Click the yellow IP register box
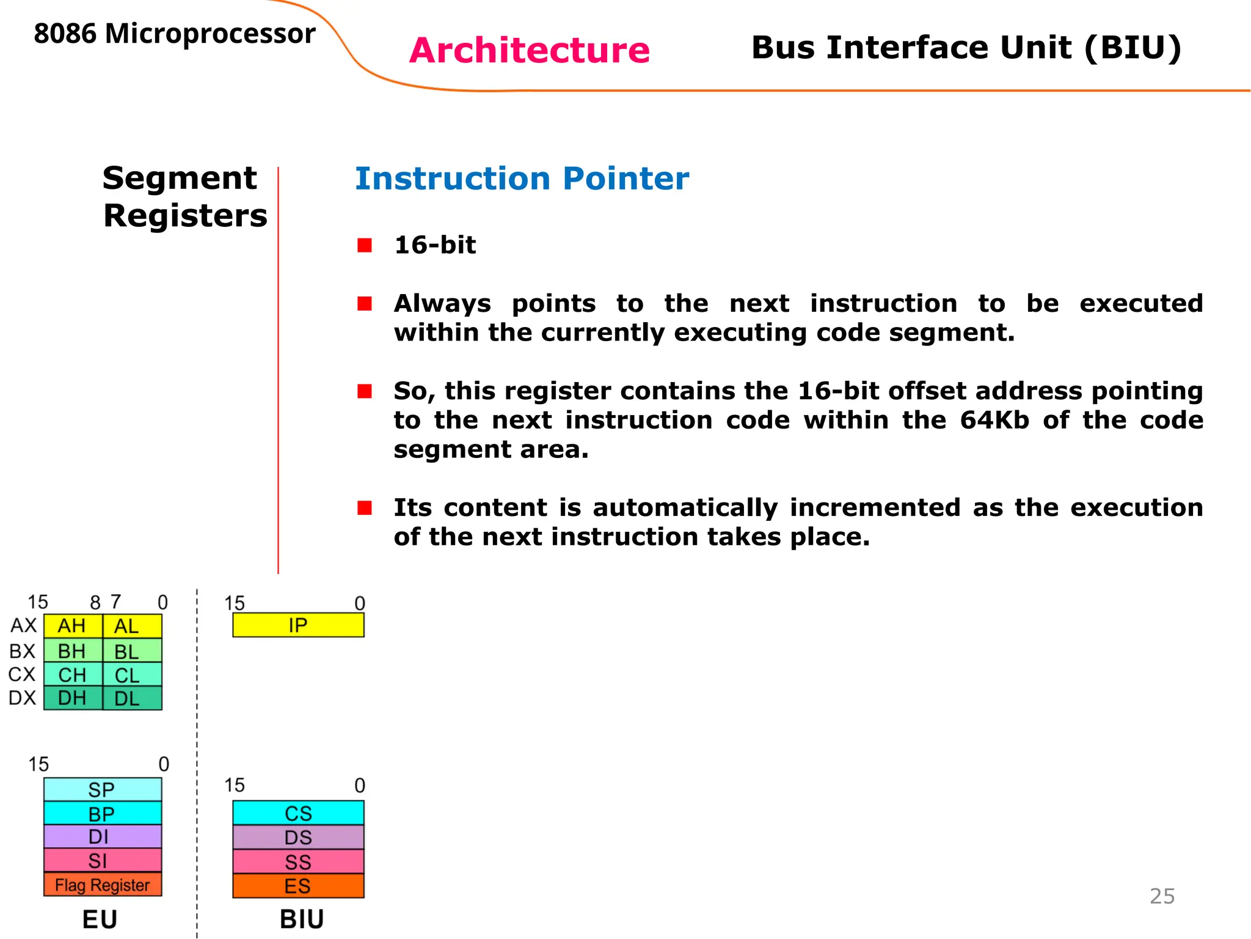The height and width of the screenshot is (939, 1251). (298, 625)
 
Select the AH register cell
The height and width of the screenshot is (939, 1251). (72, 626)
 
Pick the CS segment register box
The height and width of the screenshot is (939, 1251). (298, 813)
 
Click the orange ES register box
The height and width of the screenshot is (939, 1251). (298, 886)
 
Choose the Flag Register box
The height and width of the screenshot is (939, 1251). (103, 885)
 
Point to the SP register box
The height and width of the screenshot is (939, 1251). (103, 789)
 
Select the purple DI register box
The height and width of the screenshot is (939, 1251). (103, 836)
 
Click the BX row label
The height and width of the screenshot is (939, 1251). (23, 651)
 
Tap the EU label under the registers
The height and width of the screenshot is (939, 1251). (100, 919)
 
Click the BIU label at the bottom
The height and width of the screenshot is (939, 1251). (302, 919)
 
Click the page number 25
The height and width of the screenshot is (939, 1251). (1162, 896)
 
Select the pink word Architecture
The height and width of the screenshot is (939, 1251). (529, 50)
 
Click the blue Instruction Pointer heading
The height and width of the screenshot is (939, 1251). (522, 179)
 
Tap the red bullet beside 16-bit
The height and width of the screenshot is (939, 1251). (365, 245)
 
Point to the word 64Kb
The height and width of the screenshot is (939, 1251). (994, 420)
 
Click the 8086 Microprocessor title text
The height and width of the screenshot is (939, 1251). (175, 34)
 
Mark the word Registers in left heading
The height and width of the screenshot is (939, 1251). (185, 216)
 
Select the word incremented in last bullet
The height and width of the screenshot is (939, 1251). (875, 507)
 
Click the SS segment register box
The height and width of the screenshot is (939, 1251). (298, 861)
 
